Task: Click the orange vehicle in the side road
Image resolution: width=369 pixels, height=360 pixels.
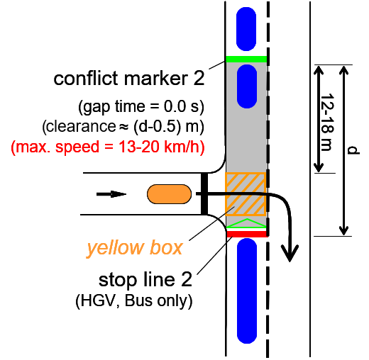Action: click(169, 194)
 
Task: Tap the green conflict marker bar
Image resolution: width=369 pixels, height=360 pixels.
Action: click(246, 59)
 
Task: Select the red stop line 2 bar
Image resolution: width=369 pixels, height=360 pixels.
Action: click(247, 234)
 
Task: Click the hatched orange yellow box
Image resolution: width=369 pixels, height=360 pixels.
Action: click(246, 194)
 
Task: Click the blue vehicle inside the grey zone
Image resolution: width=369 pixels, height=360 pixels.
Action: click(247, 86)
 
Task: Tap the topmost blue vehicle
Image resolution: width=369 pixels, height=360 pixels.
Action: click(246, 29)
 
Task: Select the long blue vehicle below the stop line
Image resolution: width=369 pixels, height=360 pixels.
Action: click(247, 291)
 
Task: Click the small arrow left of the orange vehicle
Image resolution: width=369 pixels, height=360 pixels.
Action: click(111, 194)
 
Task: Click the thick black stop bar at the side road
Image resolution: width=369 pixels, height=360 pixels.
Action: click(204, 193)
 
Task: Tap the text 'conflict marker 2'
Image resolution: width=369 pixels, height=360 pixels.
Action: click(129, 79)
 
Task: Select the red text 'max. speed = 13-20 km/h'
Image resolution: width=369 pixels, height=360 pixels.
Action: click(108, 147)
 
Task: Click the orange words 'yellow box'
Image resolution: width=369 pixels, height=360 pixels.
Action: click(135, 248)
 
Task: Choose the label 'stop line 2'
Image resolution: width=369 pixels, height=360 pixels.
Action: click(145, 280)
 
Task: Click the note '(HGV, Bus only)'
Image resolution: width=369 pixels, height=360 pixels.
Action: click(134, 301)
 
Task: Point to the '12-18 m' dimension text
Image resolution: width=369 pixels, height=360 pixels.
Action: click(327, 122)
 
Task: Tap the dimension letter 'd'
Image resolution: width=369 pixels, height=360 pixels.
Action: click(353, 150)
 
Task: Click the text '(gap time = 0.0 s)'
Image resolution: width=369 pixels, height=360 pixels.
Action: click(141, 107)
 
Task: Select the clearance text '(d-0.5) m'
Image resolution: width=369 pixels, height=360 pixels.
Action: click(169, 127)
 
